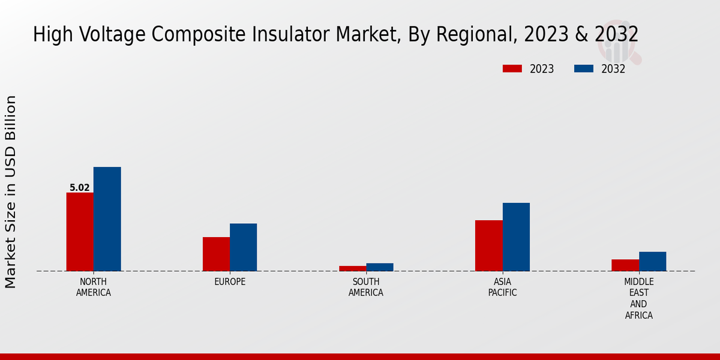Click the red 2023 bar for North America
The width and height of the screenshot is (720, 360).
pyautogui.click(x=80, y=232)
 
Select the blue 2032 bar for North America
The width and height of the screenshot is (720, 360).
pyautogui.click(x=107, y=219)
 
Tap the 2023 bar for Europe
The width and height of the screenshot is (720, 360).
pyautogui.click(x=216, y=254)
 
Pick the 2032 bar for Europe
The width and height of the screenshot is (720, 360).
pyautogui.click(x=244, y=247)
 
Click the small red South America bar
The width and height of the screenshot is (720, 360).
pyautogui.click(x=352, y=268)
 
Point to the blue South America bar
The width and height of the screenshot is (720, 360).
pyautogui.click(x=380, y=267)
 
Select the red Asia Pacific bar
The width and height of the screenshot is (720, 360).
pyautogui.click(x=489, y=245)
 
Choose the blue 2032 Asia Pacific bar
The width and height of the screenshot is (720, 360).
pyautogui.click(x=516, y=237)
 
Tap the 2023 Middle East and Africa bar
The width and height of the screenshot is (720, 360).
pyautogui.click(x=625, y=265)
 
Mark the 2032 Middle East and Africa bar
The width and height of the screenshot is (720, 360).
pyautogui.click(x=653, y=261)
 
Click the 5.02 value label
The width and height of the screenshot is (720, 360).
pyautogui.click(x=80, y=188)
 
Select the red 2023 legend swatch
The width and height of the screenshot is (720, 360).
pyautogui.click(x=512, y=68)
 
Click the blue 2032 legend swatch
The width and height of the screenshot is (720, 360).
pyautogui.click(x=584, y=68)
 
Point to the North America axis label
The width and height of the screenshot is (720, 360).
pyautogui.click(x=94, y=287)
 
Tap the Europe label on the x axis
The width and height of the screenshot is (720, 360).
pyautogui.click(x=230, y=282)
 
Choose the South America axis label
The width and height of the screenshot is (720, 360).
pyautogui.click(x=366, y=287)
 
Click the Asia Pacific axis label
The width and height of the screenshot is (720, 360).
pyautogui.click(x=502, y=287)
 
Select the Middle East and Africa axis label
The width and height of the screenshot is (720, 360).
pyautogui.click(x=639, y=298)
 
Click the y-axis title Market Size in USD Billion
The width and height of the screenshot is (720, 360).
pyautogui.click(x=11, y=192)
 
